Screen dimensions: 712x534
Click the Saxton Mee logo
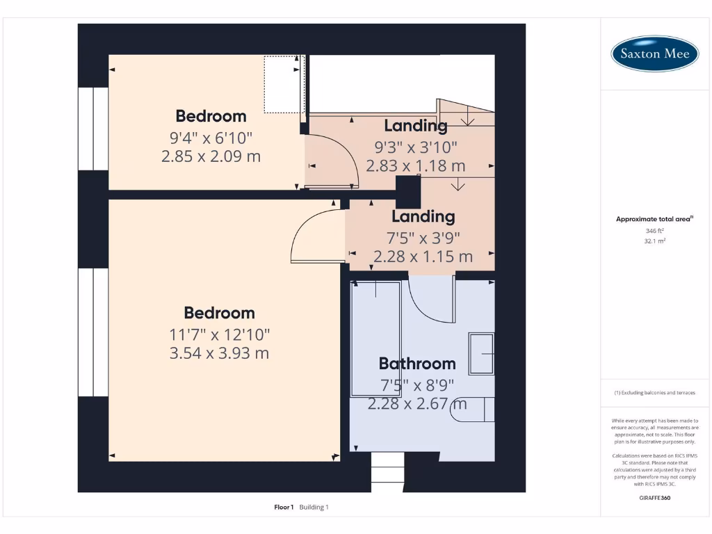point(654,54)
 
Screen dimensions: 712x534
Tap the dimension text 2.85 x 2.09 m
point(211,156)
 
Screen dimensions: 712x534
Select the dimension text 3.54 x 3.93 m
point(219,353)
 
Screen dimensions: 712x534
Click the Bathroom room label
point(417,363)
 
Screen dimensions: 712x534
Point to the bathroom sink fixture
point(481,354)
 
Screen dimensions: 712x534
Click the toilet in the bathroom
point(472,409)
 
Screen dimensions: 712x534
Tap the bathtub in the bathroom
point(375,339)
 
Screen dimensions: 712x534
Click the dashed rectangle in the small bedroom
point(282,84)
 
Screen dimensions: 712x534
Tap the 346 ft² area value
point(655,231)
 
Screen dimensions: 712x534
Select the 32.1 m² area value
point(655,241)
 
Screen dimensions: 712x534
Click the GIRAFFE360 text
point(655,498)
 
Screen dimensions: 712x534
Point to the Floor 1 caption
point(284,507)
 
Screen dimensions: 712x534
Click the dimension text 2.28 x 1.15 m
point(423,257)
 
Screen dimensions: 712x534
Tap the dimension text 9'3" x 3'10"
point(416,147)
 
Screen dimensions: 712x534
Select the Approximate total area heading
point(654,219)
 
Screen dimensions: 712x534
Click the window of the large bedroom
point(93,332)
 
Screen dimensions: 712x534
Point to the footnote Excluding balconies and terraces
point(655,393)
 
